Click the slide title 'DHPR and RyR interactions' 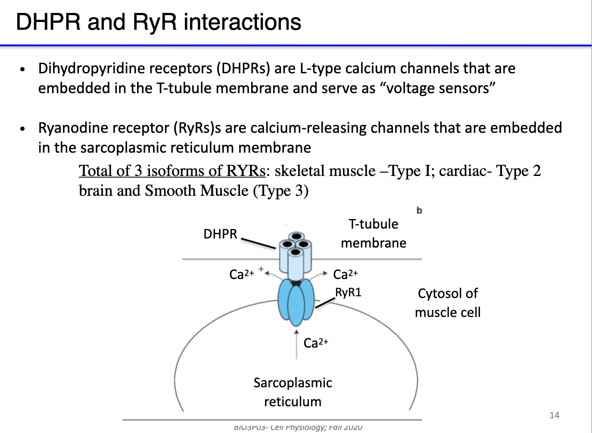[x=158, y=22]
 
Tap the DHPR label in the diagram [x=220, y=234]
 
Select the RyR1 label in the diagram [x=348, y=292]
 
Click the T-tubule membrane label [x=373, y=233]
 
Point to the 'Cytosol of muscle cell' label [x=447, y=303]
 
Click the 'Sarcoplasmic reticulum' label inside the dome [x=293, y=392]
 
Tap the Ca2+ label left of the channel [x=241, y=274]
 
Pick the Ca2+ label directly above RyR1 [x=345, y=274]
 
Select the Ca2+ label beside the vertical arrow [x=315, y=343]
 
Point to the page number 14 [x=554, y=415]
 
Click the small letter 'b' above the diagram [x=419, y=210]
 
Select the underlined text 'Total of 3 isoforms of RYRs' [x=172, y=171]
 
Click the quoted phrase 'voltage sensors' [x=438, y=88]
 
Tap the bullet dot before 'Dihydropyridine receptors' [x=23, y=69]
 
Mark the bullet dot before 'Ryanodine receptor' [x=23, y=129]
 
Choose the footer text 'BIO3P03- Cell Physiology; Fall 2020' [x=298, y=427]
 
